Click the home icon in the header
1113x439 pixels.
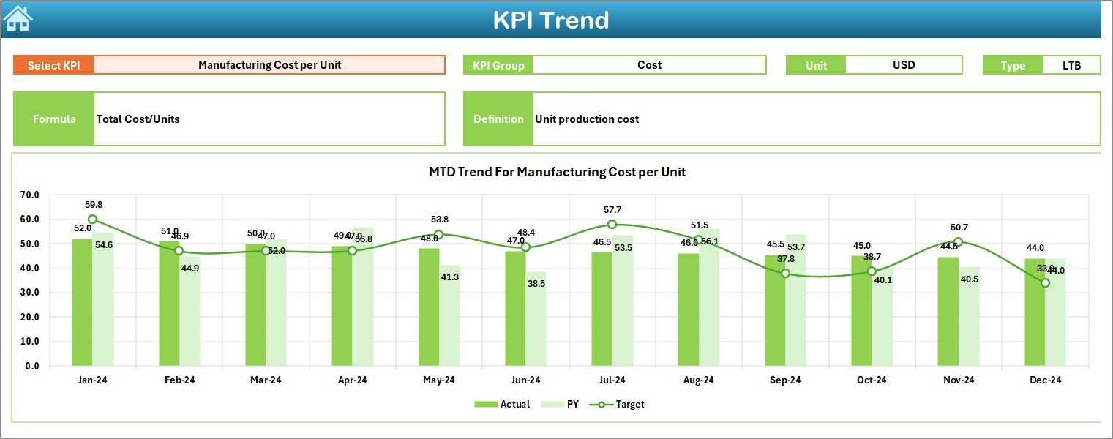pos(18,18)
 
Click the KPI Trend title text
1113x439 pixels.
pos(550,20)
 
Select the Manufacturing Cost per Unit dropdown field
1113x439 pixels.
pos(269,65)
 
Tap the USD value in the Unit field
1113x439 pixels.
pos(904,65)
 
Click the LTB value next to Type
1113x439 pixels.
pos(1071,65)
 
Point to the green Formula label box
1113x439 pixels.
pos(53,119)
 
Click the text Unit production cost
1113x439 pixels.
pos(587,119)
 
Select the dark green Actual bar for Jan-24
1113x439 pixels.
pos(82,301)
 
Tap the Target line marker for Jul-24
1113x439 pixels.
pos(612,225)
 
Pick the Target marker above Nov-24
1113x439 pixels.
pos(958,242)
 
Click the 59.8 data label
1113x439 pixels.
pos(94,205)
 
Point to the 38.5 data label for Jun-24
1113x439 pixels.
pos(536,283)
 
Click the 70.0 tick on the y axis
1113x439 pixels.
pos(30,195)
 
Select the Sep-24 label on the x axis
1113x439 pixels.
pos(785,380)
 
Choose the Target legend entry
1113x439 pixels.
pos(621,404)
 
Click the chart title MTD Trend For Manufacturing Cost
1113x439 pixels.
pos(557,172)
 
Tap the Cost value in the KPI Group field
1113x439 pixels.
pos(649,65)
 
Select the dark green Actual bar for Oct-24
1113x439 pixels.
pos(861,310)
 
